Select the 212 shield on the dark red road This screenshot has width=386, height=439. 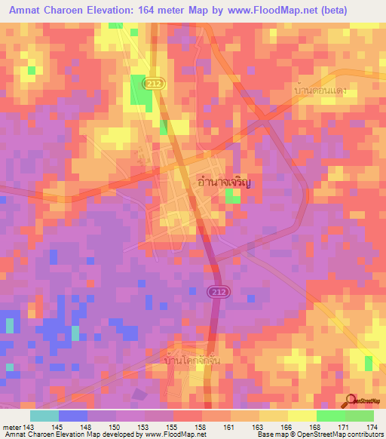tap(219, 292)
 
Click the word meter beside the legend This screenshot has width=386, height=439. tap(12, 426)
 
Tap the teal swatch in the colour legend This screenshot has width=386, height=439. tap(44, 416)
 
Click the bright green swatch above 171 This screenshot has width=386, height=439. tap(331, 416)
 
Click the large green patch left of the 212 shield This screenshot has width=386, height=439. tap(139, 90)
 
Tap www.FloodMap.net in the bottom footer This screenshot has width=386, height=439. tap(175, 434)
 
